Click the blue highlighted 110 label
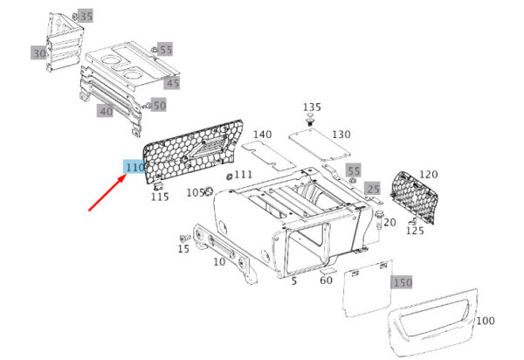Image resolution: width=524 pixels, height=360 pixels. point(134,167)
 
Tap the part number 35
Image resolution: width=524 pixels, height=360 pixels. point(86,17)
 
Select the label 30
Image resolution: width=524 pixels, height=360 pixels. point(39,53)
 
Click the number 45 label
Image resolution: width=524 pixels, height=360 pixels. point(172,83)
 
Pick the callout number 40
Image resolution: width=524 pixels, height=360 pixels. point(105,111)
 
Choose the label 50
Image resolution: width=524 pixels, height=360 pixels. point(159,106)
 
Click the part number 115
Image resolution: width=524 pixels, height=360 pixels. point(160,197)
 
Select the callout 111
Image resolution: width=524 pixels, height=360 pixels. point(243,175)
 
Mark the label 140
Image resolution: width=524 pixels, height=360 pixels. point(262,135)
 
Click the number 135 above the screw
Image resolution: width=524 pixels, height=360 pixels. point(312,107)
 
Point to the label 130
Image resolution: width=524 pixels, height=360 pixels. point(341,135)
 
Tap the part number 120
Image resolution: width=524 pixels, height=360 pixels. point(428,174)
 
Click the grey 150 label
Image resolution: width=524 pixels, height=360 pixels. point(402,283)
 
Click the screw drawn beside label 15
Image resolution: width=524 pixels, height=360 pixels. point(183,238)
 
